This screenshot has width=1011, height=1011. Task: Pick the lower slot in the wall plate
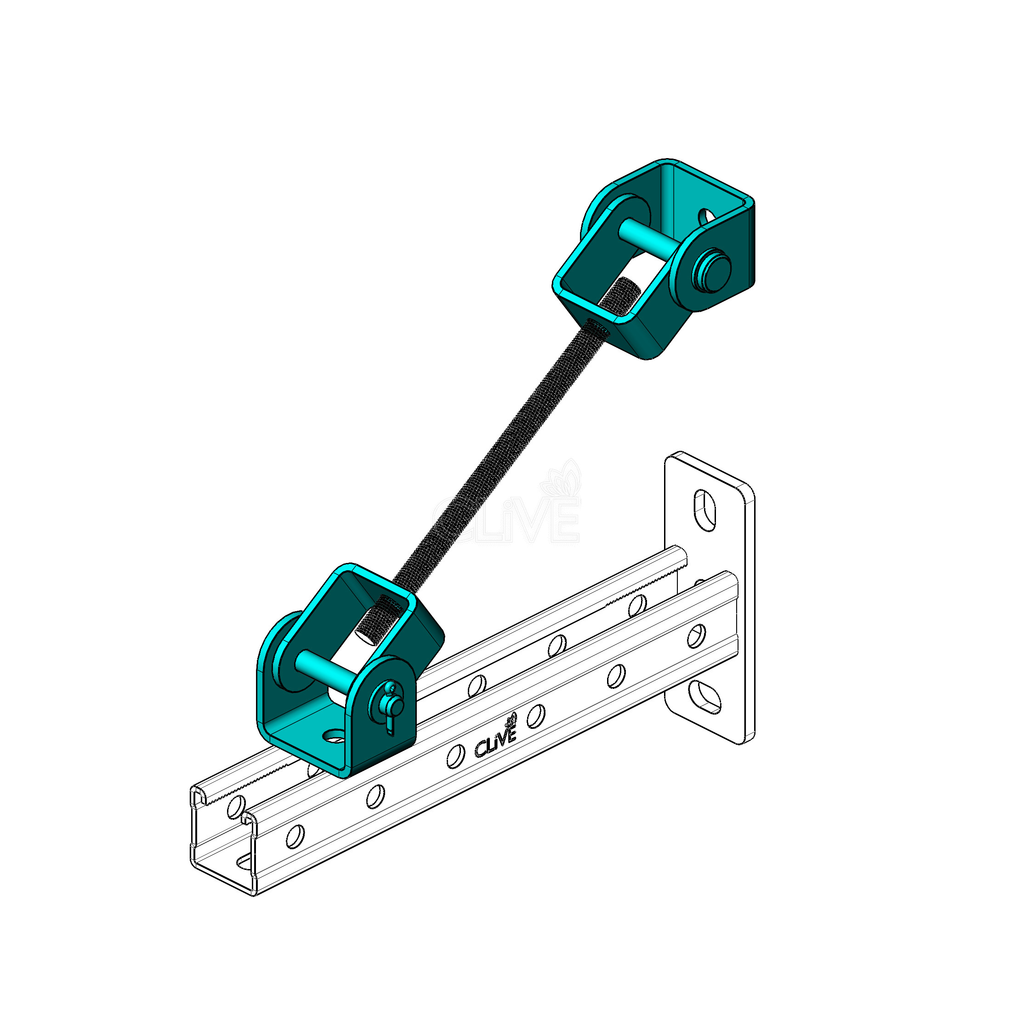click(704, 697)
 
